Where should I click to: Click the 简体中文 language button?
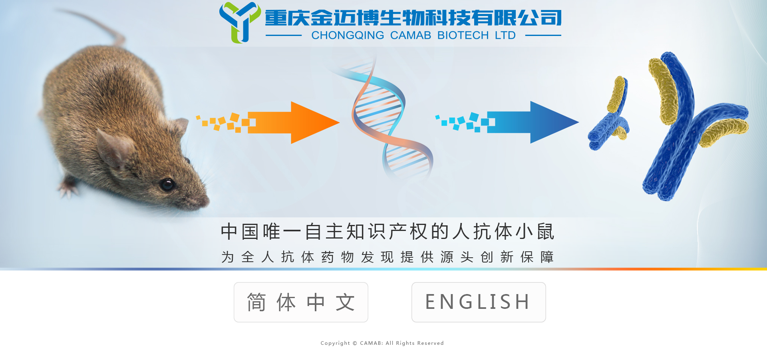(301, 302)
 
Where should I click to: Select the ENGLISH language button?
(479, 302)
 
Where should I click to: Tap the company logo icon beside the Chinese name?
(240, 22)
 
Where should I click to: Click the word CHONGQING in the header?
(348, 36)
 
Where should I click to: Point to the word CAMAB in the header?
(411, 36)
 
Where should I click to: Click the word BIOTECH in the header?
(463, 36)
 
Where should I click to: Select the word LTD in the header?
(505, 36)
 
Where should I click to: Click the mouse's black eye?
(167, 184)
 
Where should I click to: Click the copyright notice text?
(382, 343)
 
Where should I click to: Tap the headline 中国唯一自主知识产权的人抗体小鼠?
(387, 232)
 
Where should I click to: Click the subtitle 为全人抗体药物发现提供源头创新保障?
(387, 257)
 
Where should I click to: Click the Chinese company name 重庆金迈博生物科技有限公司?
(413, 18)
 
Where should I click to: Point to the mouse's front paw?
(69, 188)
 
